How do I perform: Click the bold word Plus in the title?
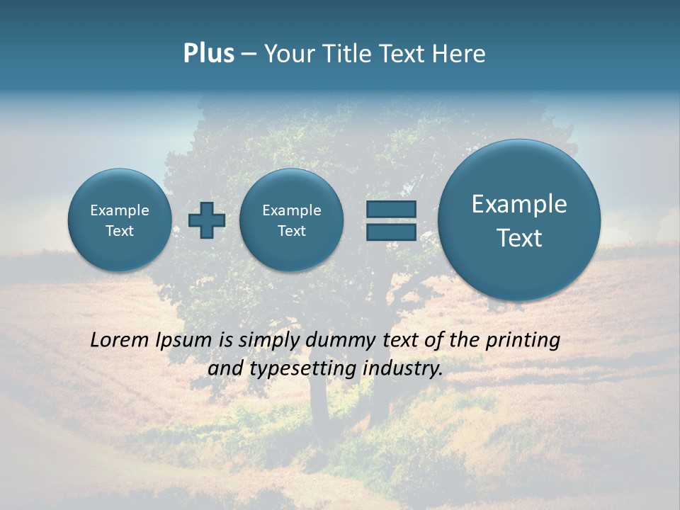(x=208, y=54)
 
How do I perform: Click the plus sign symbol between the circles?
(x=207, y=220)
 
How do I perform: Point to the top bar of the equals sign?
(x=391, y=209)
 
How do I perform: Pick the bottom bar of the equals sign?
(x=391, y=232)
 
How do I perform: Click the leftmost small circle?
(x=120, y=220)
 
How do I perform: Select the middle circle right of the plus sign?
(x=291, y=220)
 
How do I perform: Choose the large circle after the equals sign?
(x=519, y=220)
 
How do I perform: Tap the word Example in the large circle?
(x=519, y=204)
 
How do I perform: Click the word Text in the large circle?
(x=519, y=238)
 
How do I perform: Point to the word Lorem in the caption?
(x=120, y=340)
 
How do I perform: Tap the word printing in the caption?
(x=523, y=341)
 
